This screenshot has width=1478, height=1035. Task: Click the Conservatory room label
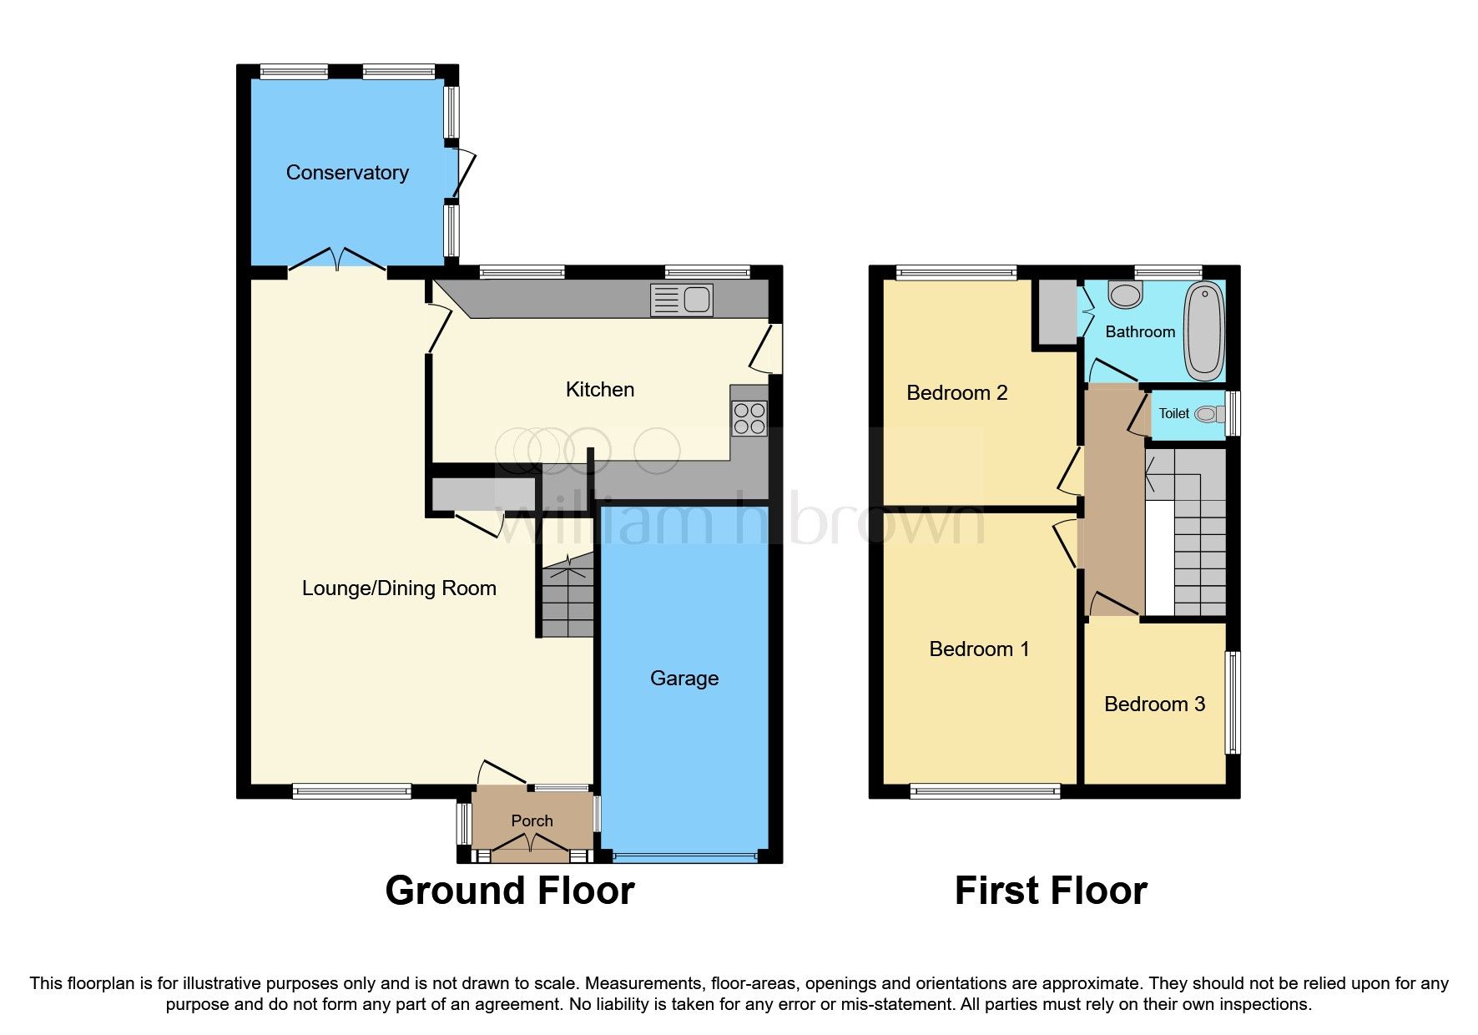(347, 173)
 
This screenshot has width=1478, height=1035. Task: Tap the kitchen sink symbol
(682, 300)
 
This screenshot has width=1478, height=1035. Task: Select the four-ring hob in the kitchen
(749, 418)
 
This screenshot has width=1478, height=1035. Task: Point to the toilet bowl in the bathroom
(1126, 294)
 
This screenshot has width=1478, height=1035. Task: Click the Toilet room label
(1173, 413)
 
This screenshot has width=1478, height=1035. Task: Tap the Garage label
(684, 678)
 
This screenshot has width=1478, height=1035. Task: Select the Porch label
(532, 820)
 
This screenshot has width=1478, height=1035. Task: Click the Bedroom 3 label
(1154, 704)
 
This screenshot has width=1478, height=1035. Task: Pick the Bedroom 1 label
(979, 649)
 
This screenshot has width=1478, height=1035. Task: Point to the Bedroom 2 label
(956, 392)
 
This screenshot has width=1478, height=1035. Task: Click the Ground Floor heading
(509, 891)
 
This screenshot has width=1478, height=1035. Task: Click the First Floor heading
(1050, 891)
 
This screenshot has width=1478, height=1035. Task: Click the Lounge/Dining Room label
(399, 588)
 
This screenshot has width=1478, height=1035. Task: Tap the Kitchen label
(599, 390)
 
